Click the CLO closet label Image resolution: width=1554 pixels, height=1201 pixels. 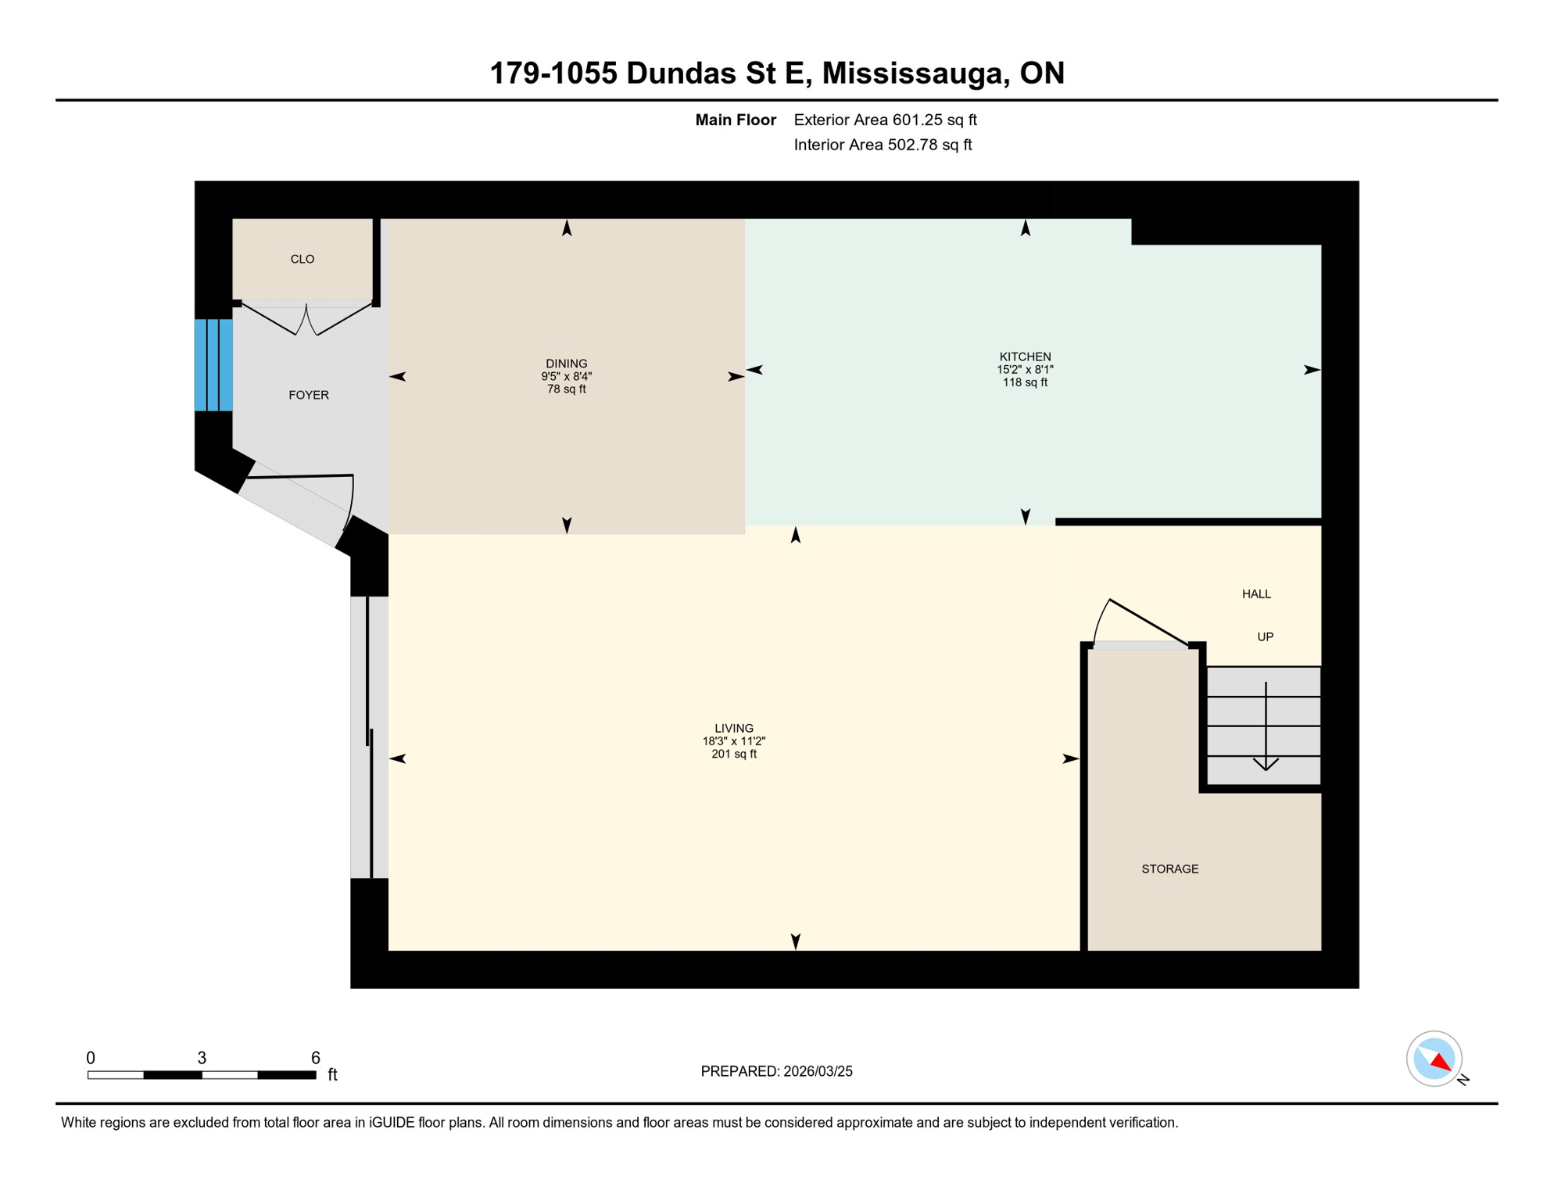[303, 259]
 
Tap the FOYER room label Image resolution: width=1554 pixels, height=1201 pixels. [309, 395]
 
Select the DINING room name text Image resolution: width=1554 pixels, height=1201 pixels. [566, 364]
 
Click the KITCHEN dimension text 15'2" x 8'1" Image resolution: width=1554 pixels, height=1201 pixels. [1025, 370]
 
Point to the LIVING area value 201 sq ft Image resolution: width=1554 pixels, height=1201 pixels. [733, 755]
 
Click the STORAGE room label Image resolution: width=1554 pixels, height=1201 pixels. [1169, 869]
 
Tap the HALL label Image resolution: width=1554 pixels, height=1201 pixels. [1256, 594]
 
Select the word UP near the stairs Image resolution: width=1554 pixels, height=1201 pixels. [1265, 636]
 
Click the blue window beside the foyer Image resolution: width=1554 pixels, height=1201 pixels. [213, 364]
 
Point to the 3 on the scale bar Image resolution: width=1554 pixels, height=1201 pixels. [202, 1058]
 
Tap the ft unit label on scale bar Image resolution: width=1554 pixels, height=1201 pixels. [332, 1074]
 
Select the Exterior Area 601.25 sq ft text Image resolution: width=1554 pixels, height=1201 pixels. [885, 120]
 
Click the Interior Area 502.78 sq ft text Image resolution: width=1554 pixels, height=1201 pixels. [883, 145]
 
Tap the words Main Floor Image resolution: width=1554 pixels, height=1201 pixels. [735, 120]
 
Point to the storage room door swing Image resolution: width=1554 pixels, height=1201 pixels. [1141, 622]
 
